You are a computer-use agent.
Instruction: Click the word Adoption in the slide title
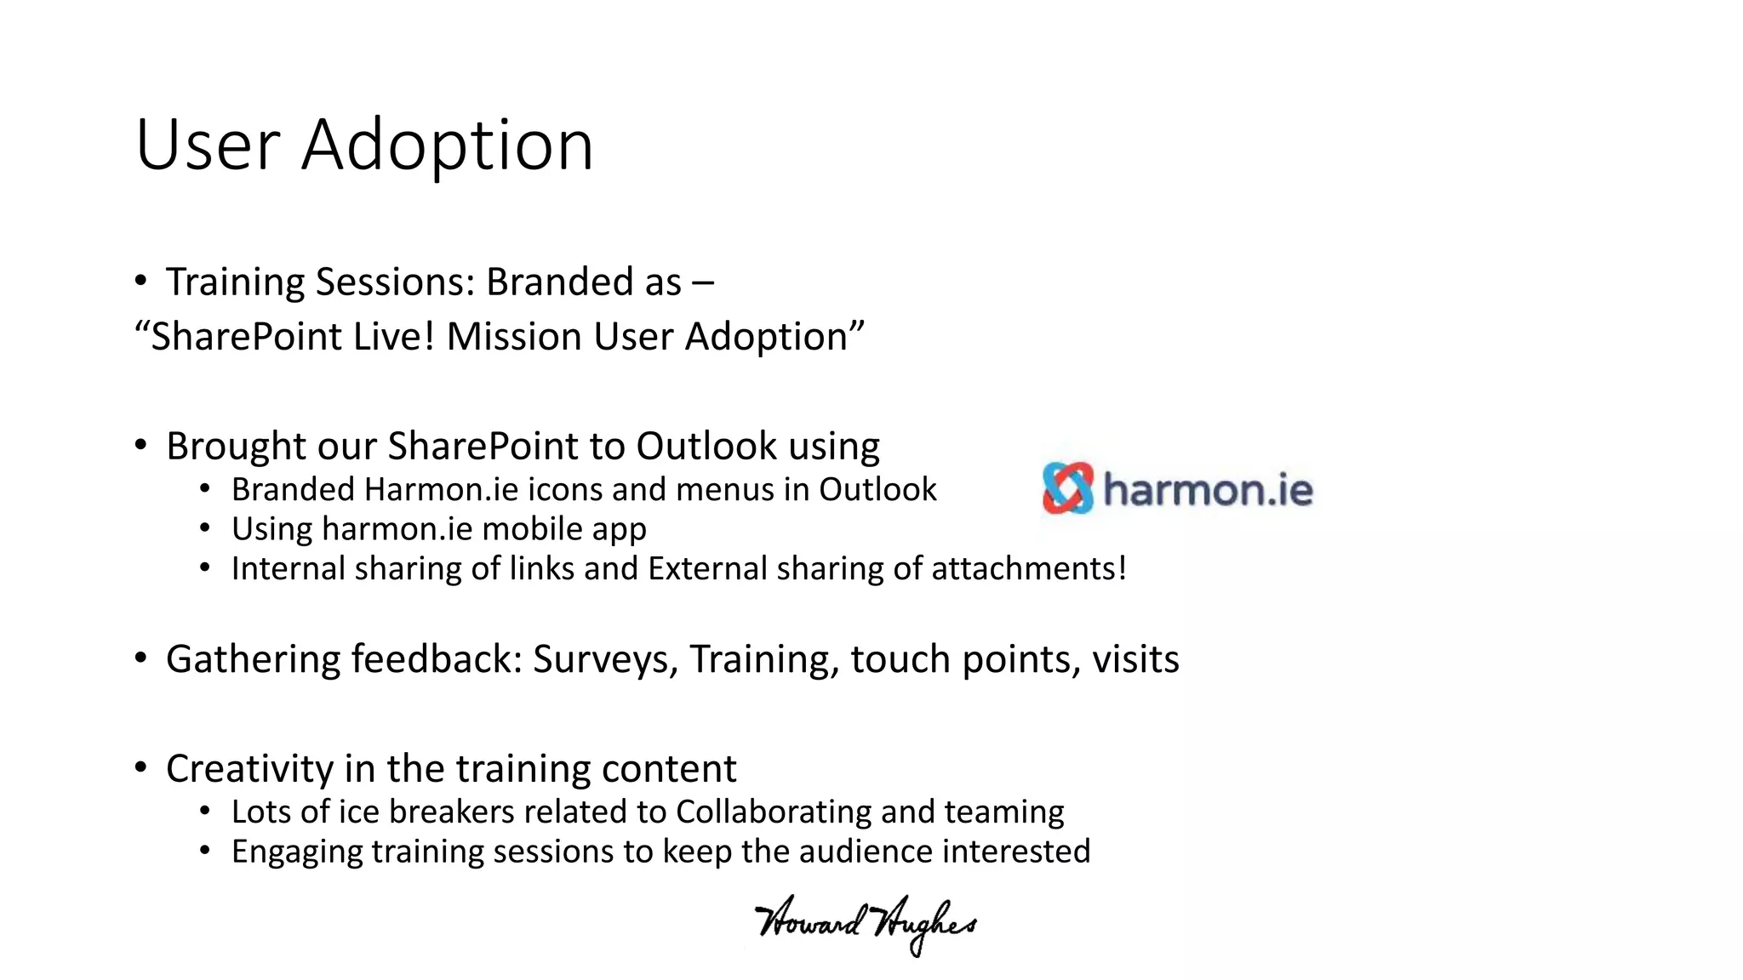tap(447, 145)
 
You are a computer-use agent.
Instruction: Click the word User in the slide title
tap(208, 145)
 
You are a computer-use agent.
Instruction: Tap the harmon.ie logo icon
tap(1067, 488)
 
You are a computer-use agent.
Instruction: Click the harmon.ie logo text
tap(1208, 491)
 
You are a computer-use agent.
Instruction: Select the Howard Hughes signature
tap(866, 924)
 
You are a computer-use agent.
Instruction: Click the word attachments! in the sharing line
tap(1029, 569)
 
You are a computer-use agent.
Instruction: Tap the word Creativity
tap(249, 769)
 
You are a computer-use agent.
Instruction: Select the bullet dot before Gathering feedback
tap(141, 658)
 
